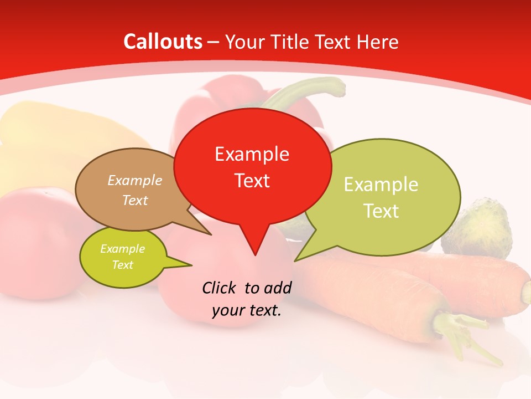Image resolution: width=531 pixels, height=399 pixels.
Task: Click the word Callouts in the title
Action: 163,42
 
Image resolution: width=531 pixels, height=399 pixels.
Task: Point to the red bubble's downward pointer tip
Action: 255,254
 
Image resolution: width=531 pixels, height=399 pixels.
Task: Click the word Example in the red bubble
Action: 252,154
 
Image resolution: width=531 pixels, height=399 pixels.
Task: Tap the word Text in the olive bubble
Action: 381,211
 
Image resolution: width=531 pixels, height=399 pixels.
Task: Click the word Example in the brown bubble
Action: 134,181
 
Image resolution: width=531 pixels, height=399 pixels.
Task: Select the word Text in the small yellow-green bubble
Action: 122,265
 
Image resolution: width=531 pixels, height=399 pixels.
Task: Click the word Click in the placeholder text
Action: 220,288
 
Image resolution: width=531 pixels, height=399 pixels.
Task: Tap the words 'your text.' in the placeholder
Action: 247,310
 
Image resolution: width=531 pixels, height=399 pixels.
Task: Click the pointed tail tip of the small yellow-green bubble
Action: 192,265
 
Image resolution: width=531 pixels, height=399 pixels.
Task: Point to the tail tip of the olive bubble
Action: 295,261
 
